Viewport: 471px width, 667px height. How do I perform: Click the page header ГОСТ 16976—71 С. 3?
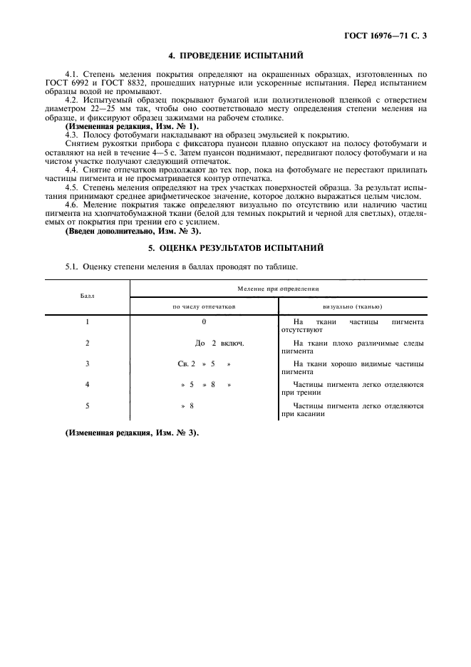[388, 34]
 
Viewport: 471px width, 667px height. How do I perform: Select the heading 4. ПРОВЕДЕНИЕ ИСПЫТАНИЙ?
[235, 55]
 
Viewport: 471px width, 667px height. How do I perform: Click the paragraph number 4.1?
[71, 74]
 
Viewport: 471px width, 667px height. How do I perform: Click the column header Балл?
[87, 294]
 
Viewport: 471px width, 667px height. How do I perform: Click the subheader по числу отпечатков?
[204, 306]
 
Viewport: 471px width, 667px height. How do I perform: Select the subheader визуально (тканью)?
[352, 306]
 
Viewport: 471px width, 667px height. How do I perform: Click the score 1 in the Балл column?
[87, 322]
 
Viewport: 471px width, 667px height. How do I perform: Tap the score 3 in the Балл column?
[87, 363]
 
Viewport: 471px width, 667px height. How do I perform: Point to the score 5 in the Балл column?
[87, 405]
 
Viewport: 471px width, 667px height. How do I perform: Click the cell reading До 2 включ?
[219, 343]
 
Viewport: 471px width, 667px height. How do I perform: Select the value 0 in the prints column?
[204, 322]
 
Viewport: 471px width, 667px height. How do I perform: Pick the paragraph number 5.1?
[71, 267]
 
